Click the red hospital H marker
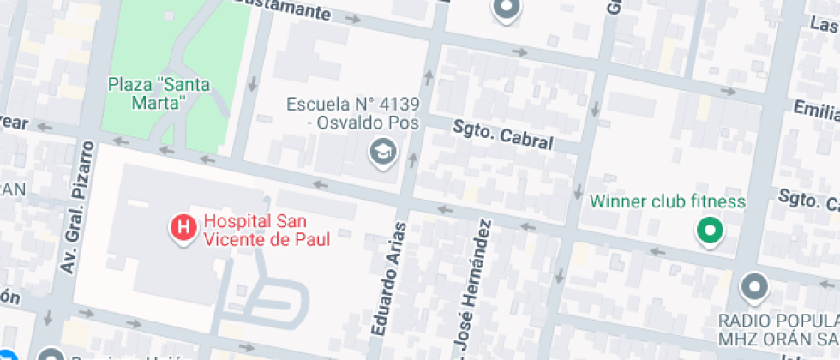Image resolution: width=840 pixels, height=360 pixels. point(182,228)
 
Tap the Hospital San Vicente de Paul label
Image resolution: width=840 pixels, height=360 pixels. point(266,230)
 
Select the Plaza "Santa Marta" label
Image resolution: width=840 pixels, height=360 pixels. point(159,93)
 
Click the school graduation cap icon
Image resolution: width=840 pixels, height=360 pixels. point(380,153)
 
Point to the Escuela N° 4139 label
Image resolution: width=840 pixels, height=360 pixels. point(352,113)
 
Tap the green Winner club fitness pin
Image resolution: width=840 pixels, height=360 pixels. point(709,229)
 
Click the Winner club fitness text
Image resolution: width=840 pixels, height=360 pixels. point(668,202)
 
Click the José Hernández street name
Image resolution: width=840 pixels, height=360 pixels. point(472,286)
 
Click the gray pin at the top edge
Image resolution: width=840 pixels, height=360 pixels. point(507,9)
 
